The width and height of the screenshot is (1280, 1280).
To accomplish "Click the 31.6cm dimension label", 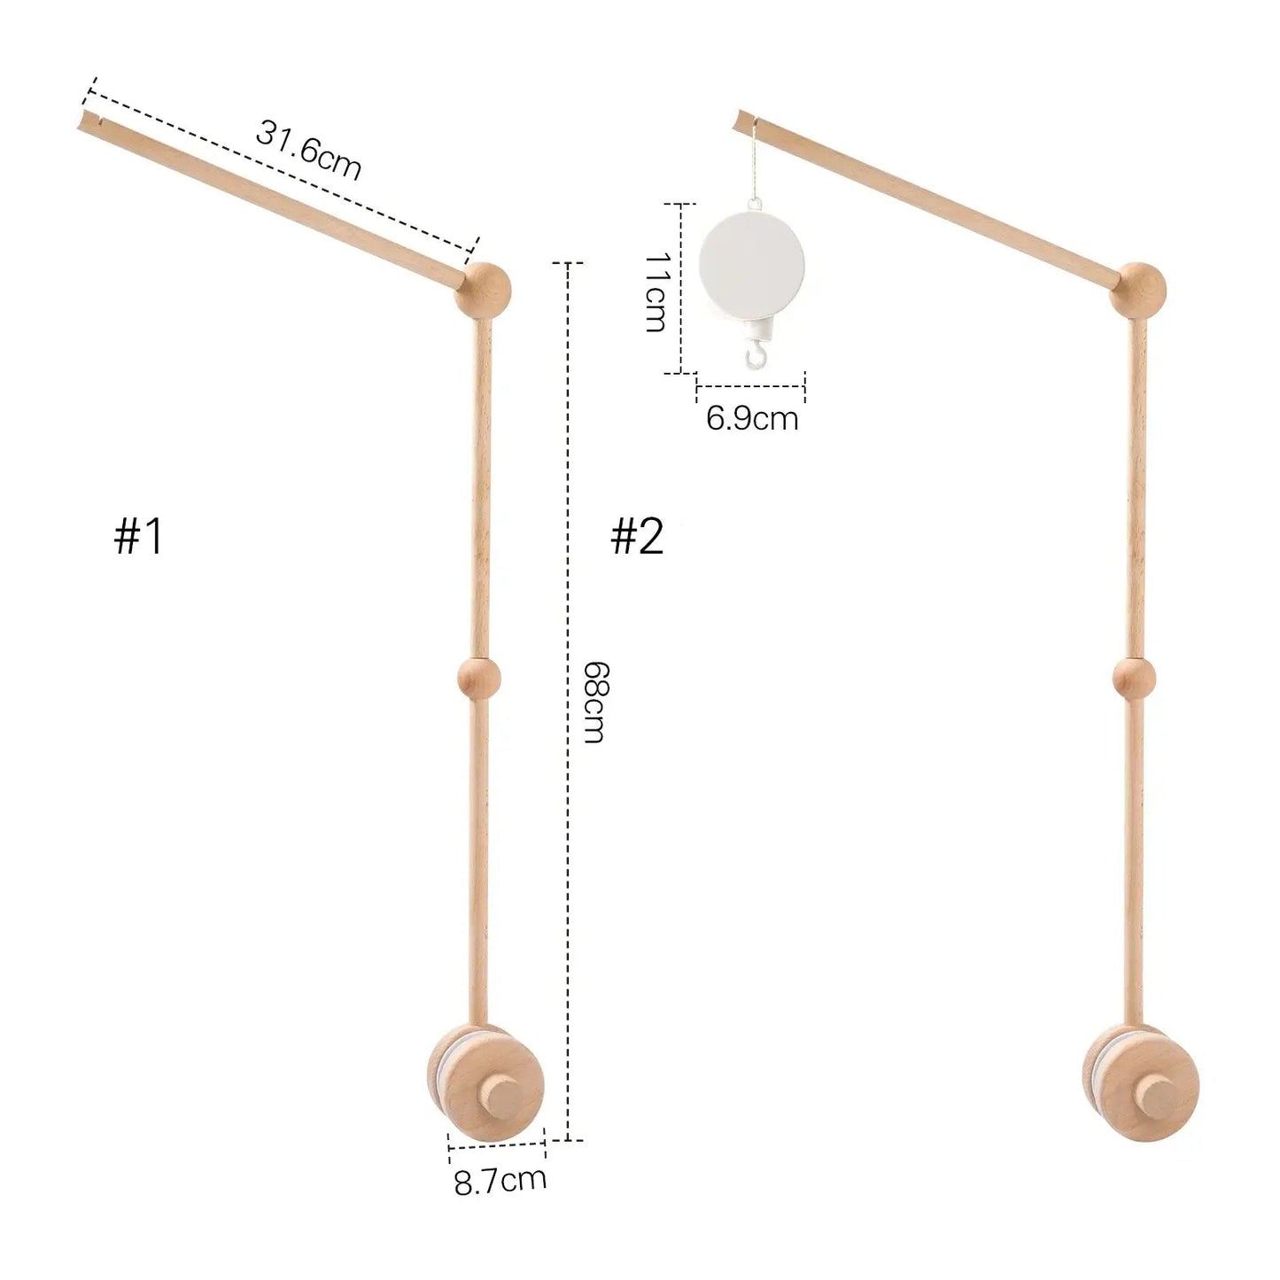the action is pyautogui.click(x=309, y=151).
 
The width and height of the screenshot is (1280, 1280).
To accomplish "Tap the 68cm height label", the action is pyautogui.click(x=593, y=702).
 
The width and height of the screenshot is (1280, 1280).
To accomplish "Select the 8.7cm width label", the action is pyautogui.click(x=500, y=1180).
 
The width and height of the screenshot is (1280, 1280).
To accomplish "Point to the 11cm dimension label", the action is pyautogui.click(x=655, y=291).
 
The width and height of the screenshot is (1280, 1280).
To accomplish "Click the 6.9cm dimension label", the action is pyautogui.click(x=752, y=418).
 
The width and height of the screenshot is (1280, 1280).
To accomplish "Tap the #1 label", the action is pyautogui.click(x=138, y=537).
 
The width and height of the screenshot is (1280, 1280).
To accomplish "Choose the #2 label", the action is pyautogui.click(x=637, y=537).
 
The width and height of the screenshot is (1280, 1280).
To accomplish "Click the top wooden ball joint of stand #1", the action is pyautogui.click(x=483, y=291).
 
